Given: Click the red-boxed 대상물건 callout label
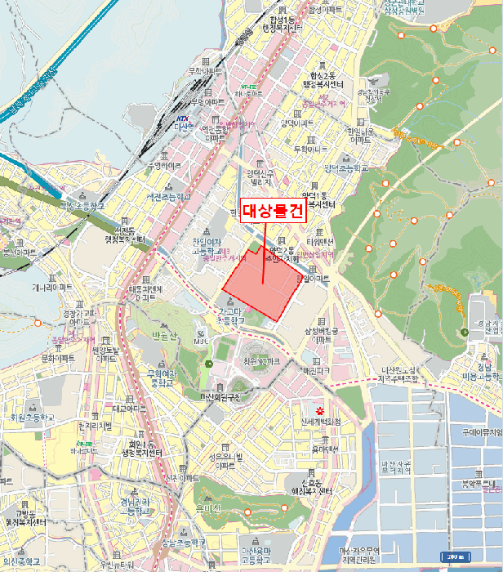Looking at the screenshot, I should click(x=273, y=212).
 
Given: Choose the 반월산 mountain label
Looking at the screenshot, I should click(x=163, y=336).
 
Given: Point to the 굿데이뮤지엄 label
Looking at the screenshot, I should click(x=480, y=431).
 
